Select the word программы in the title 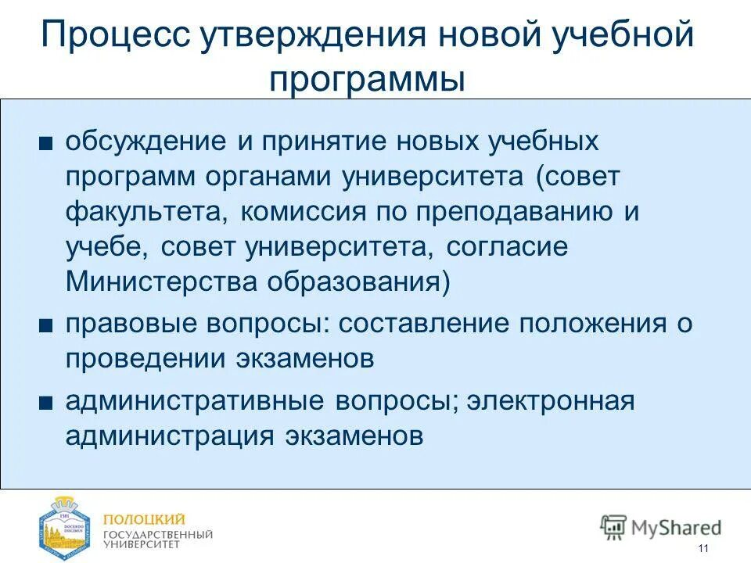tap(367, 80)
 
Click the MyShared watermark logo tap(661, 526)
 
